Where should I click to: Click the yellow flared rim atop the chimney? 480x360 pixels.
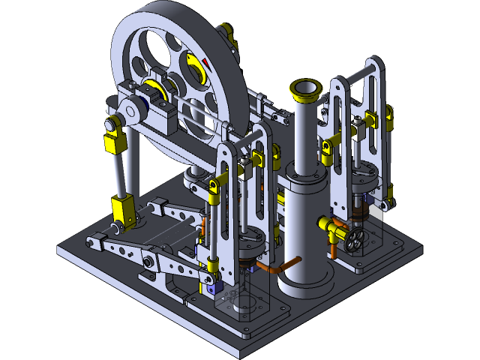pyautogui.click(x=307, y=91)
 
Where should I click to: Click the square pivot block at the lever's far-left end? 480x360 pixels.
pyautogui.click(x=95, y=241)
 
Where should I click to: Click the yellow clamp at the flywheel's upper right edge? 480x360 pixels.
pyautogui.click(x=229, y=34)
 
